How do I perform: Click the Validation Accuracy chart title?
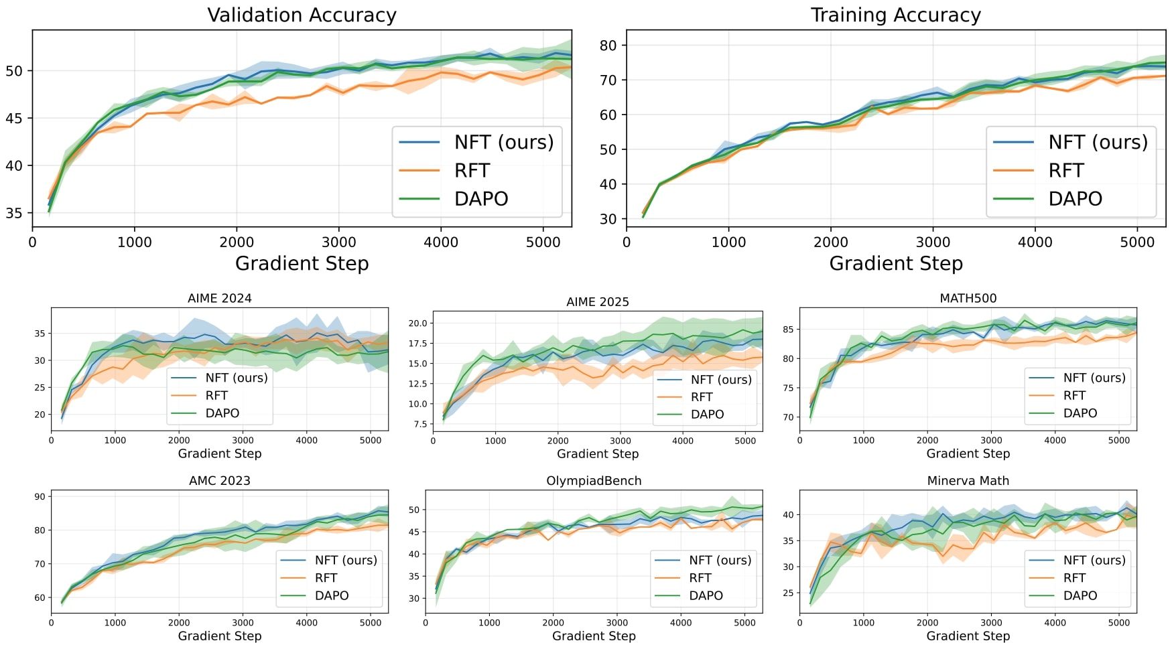(x=302, y=15)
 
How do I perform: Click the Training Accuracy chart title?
(x=895, y=15)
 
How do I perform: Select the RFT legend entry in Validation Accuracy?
(x=472, y=171)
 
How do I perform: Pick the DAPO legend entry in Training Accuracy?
(x=1075, y=199)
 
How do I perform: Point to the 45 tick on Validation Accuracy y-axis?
(x=13, y=119)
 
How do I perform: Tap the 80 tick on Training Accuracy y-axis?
(x=608, y=46)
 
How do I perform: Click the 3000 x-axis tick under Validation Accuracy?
(x=338, y=242)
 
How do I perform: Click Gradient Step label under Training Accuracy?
(x=895, y=263)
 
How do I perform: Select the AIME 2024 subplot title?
(x=219, y=298)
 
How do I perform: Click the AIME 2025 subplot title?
(x=597, y=301)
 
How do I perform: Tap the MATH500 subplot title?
(x=968, y=298)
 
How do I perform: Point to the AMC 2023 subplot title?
(x=219, y=481)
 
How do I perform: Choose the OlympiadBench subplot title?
(x=594, y=481)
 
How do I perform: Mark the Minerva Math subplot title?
(x=968, y=481)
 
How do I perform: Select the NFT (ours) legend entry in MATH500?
(x=1094, y=378)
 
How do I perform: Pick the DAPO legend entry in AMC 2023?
(x=331, y=595)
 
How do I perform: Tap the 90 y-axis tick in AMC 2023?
(x=40, y=496)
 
